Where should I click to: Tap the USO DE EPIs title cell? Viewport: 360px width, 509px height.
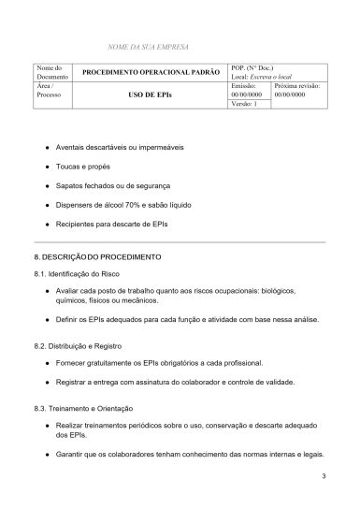[x=151, y=95]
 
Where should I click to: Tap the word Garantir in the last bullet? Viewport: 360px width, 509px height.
[x=73, y=454]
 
